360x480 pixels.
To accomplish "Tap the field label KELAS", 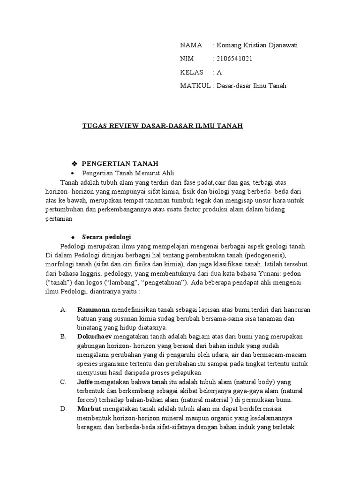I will [x=191, y=73].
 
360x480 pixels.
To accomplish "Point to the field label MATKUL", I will [x=196, y=86].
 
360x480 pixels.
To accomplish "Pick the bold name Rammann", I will [x=93, y=310].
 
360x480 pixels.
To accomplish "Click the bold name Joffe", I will [x=85, y=382].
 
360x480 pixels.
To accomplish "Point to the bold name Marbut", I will [x=88, y=409].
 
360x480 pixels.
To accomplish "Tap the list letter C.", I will [x=63, y=382].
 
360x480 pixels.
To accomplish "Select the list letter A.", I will [x=63, y=310].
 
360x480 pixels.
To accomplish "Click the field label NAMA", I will [x=191, y=45].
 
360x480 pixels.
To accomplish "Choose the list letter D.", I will [x=63, y=409].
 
